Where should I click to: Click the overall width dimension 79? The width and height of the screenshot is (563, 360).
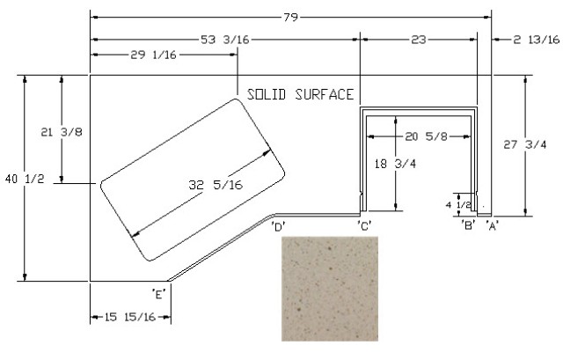(290, 17)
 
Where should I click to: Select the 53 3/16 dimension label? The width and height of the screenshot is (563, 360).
(225, 39)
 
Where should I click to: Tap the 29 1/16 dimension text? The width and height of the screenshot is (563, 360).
(153, 55)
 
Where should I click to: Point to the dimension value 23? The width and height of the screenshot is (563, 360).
(419, 39)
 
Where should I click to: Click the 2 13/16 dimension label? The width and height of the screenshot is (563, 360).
(536, 39)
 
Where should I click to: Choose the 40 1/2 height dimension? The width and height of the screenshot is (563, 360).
(25, 179)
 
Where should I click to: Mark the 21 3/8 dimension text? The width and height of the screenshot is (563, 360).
(62, 132)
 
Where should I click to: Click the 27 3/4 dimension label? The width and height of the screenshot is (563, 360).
(524, 144)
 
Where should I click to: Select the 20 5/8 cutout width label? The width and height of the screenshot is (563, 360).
(426, 136)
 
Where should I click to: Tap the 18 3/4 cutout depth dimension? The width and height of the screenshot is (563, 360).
(395, 164)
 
